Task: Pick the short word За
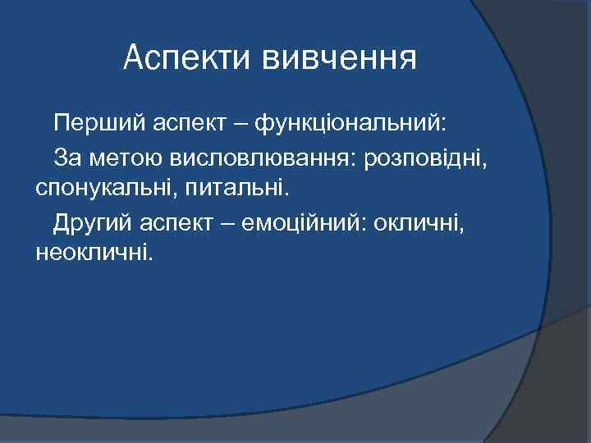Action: point(66,156)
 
